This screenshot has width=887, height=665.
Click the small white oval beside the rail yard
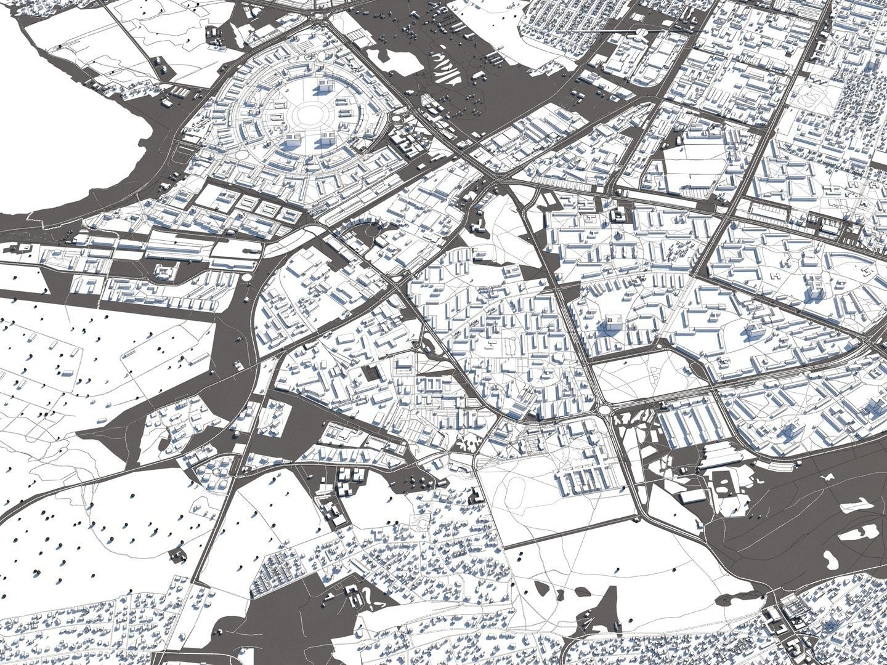pos(246,278)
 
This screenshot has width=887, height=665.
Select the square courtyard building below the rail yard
pos(164,272)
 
